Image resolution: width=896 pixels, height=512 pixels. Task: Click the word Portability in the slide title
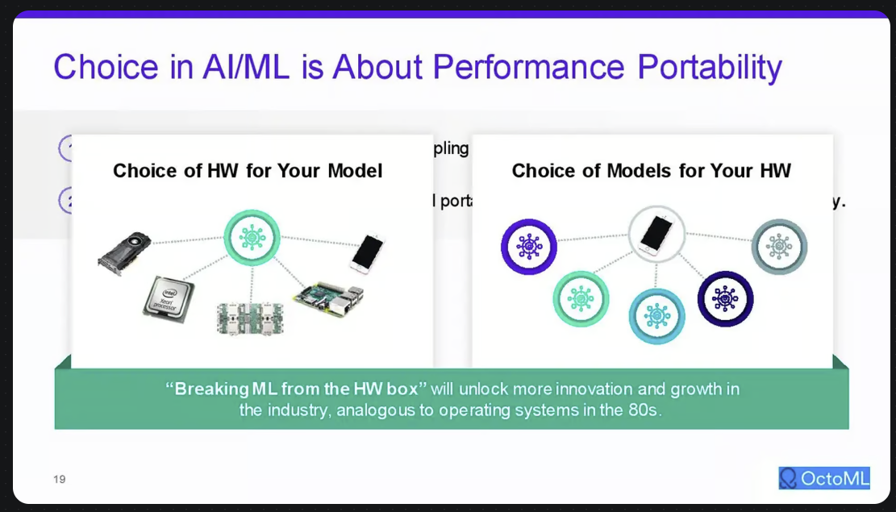709,67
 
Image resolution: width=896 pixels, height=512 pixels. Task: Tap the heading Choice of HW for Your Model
248,171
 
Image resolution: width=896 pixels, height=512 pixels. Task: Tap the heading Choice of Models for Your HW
652,171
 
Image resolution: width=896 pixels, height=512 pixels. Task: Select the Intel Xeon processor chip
169,298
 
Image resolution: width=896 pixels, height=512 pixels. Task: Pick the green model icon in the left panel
252,237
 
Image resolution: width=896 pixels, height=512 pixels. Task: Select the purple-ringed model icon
529,247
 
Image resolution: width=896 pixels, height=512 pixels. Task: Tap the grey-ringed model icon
779,247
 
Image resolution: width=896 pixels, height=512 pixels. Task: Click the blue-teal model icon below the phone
656,315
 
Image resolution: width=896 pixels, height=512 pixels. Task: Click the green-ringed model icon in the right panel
581,299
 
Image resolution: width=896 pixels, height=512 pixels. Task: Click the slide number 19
60,479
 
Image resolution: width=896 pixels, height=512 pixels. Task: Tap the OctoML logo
824,478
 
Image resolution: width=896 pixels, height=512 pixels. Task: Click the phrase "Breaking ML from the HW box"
296,389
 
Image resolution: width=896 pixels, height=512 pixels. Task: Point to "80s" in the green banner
647,410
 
